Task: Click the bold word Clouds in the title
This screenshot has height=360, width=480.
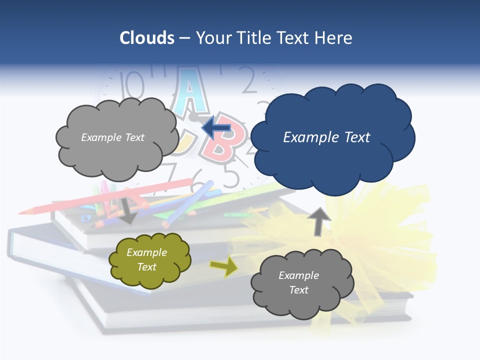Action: (147, 38)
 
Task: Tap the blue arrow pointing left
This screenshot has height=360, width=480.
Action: (216, 128)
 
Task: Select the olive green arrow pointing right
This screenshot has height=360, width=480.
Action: (223, 267)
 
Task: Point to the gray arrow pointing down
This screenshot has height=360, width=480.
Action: (128, 210)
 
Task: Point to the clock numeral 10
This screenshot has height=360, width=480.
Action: (134, 84)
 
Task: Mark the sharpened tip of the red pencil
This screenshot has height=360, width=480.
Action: (23, 212)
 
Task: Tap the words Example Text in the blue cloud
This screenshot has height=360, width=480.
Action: (326, 137)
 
